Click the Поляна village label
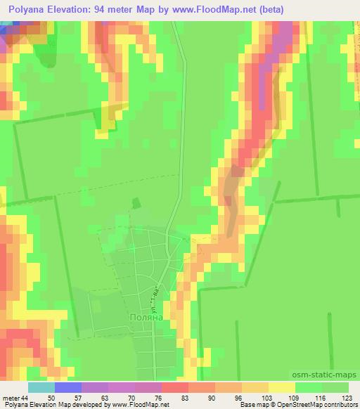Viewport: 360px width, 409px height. [146, 317]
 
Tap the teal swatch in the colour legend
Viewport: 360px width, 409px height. [41, 388]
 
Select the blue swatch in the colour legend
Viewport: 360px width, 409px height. [68, 388]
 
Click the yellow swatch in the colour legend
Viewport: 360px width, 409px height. [282, 388]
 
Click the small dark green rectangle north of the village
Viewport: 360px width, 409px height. [137, 202]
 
